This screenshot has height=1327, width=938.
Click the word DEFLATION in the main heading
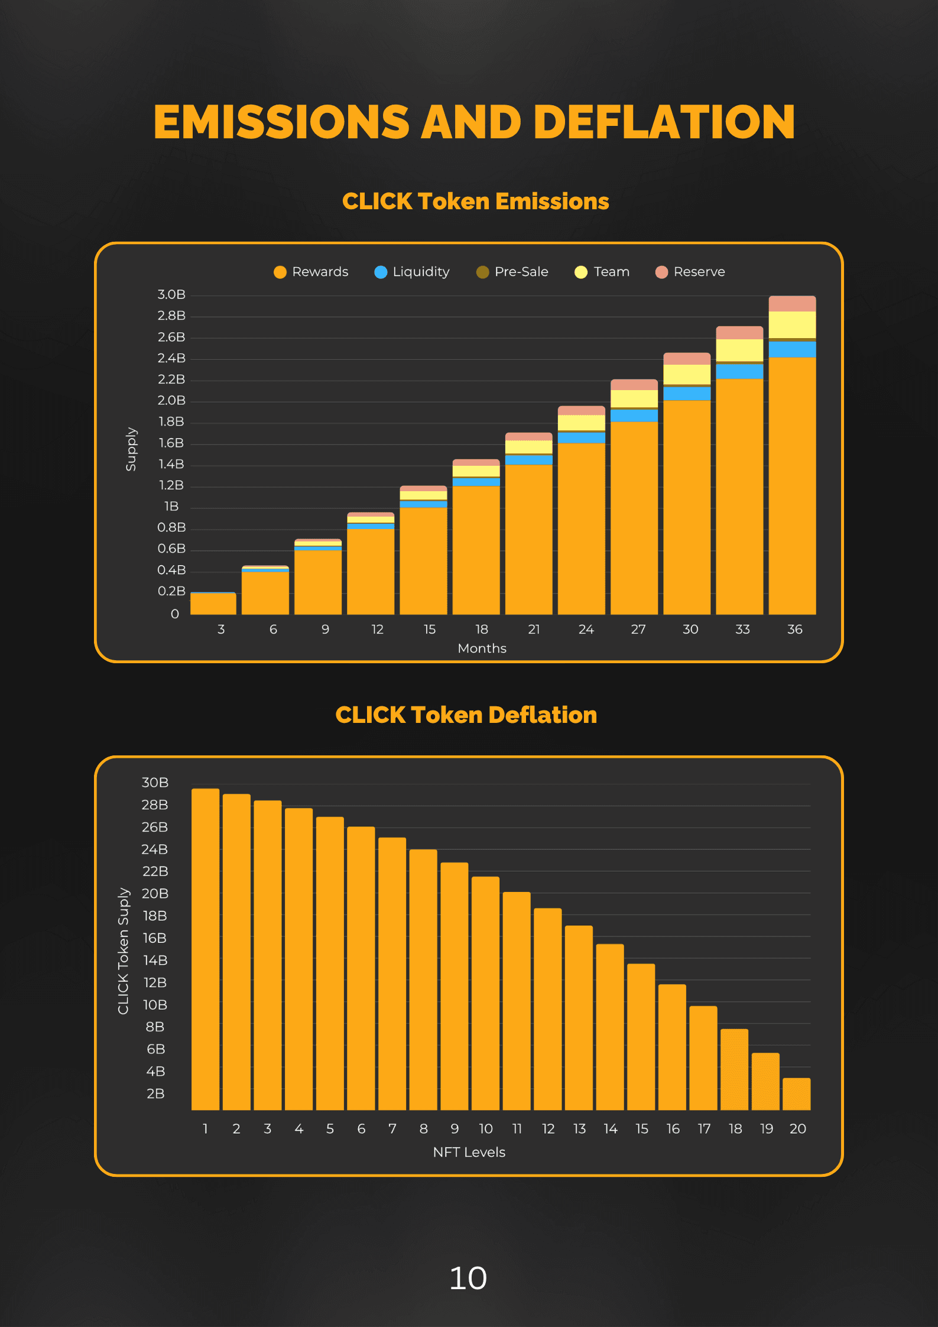(x=664, y=122)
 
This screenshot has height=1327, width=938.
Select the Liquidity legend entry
(x=412, y=272)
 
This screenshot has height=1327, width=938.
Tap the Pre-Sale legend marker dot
(x=483, y=272)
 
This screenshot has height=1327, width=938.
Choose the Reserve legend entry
(x=690, y=272)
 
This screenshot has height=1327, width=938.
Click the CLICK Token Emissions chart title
(x=476, y=202)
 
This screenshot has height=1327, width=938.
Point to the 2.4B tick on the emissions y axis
(x=171, y=358)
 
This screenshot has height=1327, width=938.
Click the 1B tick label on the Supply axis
(x=171, y=507)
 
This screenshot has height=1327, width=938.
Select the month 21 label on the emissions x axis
(x=534, y=630)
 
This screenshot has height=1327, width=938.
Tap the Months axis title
(x=482, y=648)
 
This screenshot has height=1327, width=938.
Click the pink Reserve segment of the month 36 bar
(x=792, y=304)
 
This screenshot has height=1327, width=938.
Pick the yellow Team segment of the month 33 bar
(x=739, y=350)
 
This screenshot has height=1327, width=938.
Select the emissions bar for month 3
(x=213, y=603)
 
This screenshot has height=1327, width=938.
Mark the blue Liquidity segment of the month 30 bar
(x=687, y=394)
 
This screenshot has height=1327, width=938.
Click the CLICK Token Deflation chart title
(x=466, y=715)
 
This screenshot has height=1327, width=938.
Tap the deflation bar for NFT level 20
(x=797, y=1094)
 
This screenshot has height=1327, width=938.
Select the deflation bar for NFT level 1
(x=205, y=949)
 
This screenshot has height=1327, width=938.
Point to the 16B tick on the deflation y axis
(x=154, y=938)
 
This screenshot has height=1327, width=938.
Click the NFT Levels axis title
(x=469, y=1152)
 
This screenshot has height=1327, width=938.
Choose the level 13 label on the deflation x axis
(x=579, y=1129)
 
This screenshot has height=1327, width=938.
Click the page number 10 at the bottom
(x=468, y=1278)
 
